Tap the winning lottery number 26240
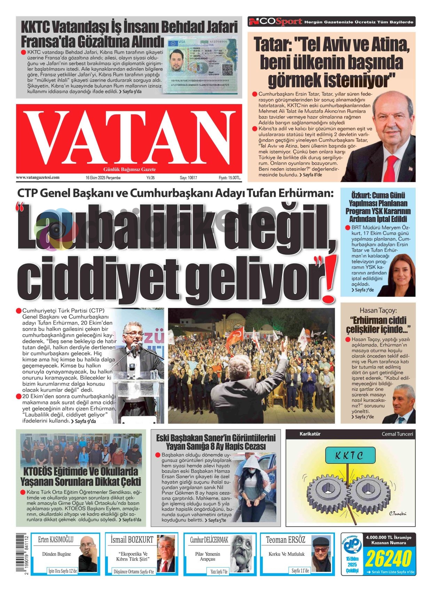(388, 559)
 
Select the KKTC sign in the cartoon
(350, 455)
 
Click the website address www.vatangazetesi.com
(38, 177)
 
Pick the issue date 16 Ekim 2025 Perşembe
(103, 178)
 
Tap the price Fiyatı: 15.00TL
(230, 178)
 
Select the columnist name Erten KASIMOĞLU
(56, 540)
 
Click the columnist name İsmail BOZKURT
(132, 540)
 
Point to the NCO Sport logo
(275, 22)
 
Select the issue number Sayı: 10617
(188, 178)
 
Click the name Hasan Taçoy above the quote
(378, 310)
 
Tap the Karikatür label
(310, 434)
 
